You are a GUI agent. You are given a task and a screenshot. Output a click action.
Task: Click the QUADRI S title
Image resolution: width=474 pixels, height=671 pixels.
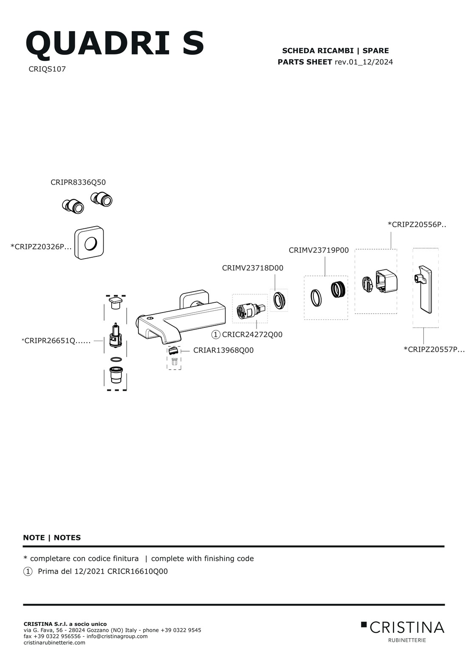(115, 43)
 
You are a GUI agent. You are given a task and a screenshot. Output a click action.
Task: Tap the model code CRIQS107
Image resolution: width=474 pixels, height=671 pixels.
(47, 69)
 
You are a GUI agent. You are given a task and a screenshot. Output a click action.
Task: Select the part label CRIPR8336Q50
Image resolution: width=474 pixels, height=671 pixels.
(78, 182)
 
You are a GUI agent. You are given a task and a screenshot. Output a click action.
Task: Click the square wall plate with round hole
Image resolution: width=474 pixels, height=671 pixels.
(89, 243)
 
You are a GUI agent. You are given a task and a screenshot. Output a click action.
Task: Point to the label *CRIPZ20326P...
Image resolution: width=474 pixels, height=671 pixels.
(41, 247)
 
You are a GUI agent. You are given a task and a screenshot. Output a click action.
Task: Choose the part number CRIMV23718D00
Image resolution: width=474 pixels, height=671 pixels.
(253, 268)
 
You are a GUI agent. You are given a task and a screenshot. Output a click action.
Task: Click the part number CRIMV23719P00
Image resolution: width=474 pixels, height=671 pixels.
(319, 250)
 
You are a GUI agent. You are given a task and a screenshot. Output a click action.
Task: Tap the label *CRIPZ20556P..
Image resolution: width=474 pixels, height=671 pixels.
(417, 225)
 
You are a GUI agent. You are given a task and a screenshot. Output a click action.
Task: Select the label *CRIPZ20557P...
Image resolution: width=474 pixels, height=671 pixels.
(434, 349)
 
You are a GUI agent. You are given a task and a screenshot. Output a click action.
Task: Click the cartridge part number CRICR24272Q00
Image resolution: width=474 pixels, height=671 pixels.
(252, 335)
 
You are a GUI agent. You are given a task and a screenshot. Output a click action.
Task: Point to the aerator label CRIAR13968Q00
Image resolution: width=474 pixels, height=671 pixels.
(223, 350)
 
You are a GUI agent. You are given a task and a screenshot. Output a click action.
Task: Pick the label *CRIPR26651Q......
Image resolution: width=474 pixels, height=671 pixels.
(56, 341)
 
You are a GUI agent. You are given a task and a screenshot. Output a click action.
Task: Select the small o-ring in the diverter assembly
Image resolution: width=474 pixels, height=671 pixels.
(116, 359)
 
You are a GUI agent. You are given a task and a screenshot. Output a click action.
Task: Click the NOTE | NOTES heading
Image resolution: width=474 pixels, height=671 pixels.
(52, 538)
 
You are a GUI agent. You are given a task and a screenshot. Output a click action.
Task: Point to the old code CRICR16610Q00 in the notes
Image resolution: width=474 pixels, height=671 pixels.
(138, 571)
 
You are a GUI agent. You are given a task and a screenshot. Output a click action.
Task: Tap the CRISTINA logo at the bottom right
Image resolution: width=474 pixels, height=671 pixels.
(403, 632)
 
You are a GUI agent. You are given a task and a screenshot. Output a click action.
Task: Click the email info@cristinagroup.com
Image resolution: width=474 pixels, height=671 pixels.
(117, 636)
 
